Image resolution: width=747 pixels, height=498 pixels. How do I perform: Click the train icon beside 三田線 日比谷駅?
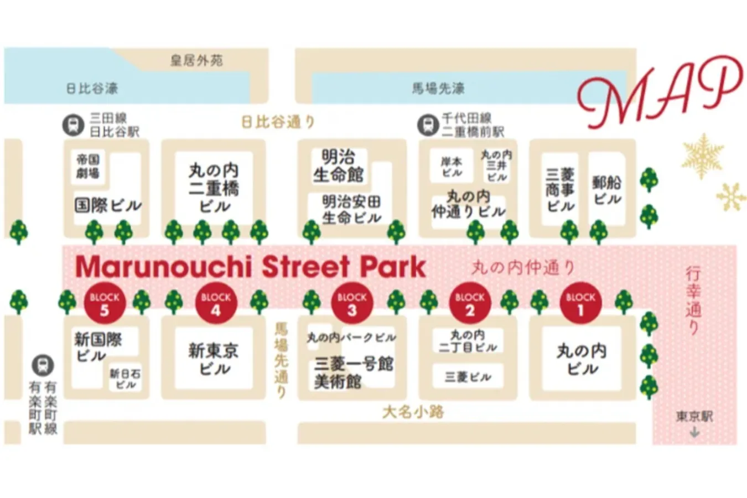point(73,125)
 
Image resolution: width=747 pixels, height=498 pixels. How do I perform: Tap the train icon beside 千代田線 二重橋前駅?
point(427,125)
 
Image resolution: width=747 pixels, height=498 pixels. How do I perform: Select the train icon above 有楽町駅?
point(43,365)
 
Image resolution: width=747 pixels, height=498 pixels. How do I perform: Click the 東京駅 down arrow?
point(694,432)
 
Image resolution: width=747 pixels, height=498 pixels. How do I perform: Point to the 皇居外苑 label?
point(196,60)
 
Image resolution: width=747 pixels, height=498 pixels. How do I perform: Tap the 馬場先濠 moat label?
point(438,89)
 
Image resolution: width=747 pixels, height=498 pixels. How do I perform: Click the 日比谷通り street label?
point(278,122)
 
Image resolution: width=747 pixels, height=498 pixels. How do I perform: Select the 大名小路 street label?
point(413,412)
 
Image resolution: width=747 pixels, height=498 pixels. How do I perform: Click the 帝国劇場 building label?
point(88,166)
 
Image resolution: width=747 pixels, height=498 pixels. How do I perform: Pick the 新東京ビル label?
point(214,359)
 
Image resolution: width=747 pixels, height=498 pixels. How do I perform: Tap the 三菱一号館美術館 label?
point(353,372)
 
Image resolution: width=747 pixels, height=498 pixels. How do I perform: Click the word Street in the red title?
point(306,267)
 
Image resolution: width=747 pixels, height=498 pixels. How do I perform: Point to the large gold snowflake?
point(703,155)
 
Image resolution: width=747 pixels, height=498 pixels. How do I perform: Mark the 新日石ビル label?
point(125,379)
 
